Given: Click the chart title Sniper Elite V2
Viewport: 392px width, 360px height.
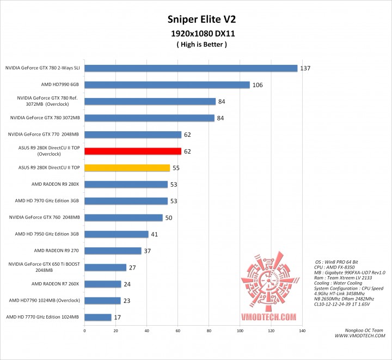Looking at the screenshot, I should coord(196,20).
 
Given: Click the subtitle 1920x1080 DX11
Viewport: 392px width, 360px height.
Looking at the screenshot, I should coord(196,34).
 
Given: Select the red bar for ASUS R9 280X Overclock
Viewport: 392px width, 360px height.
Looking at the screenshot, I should coord(133,151).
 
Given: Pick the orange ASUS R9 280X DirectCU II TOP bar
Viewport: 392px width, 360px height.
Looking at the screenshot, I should coord(127,168).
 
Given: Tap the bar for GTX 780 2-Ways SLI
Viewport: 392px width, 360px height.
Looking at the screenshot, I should coord(191,68).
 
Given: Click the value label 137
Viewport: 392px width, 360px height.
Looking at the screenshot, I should coord(305,68).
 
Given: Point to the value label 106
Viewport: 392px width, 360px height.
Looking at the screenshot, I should coord(258,85).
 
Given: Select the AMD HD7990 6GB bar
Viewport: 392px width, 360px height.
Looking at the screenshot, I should coord(167,85).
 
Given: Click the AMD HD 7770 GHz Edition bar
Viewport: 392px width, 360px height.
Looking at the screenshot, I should coord(98,317).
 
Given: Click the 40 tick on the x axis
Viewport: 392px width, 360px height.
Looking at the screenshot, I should coord(146,331).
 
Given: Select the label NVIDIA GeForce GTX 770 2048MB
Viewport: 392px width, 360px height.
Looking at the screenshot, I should coord(44,135).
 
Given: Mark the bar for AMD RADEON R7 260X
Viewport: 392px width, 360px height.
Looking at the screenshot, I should coord(103,284).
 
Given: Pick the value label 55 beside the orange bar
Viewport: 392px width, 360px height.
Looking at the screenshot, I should coord(176,168).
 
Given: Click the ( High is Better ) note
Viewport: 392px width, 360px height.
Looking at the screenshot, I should coord(196,45).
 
